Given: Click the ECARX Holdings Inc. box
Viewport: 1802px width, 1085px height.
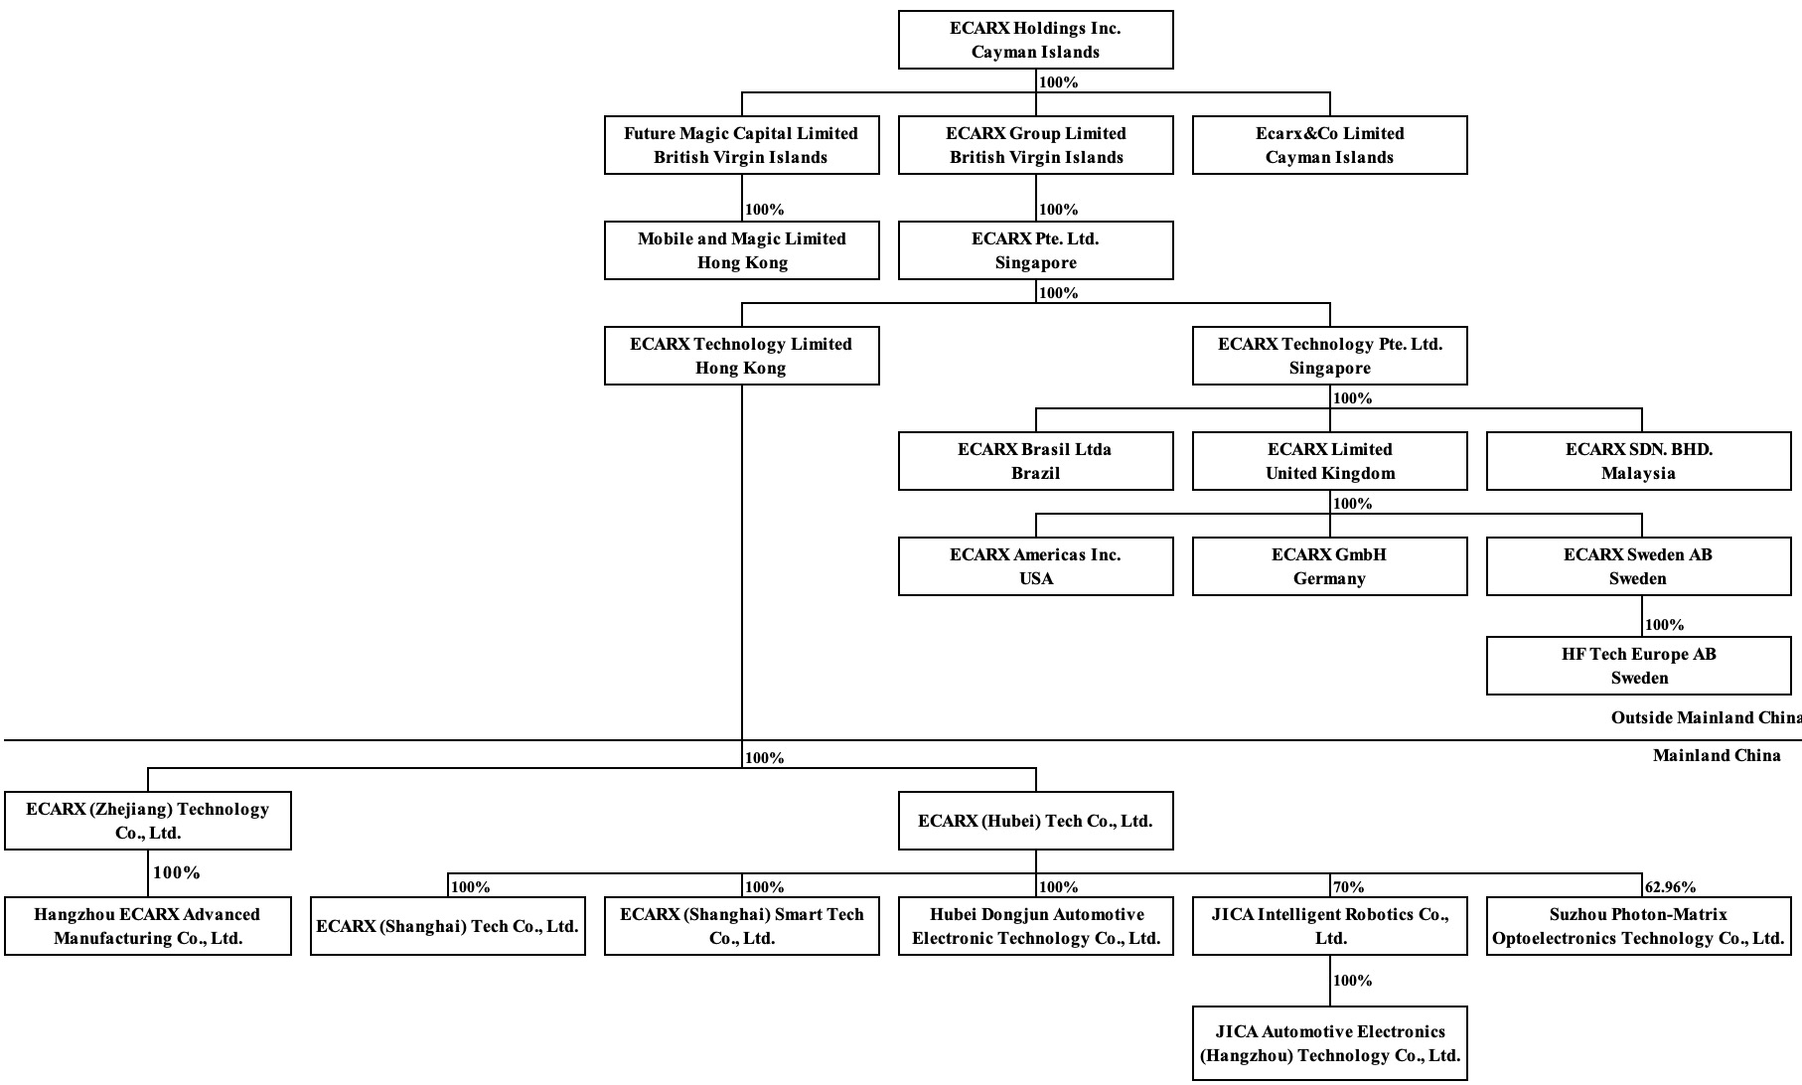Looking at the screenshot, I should (x=1035, y=40).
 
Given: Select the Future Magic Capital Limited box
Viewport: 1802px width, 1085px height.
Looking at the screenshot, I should (x=741, y=145).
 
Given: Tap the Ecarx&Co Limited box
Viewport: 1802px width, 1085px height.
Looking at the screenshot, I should (x=1329, y=145).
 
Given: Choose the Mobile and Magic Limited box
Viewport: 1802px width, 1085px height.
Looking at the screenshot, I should (x=741, y=250).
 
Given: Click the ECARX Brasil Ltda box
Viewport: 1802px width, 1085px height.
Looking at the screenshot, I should (x=1035, y=461).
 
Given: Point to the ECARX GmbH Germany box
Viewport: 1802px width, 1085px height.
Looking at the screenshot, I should (x=1329, y=566).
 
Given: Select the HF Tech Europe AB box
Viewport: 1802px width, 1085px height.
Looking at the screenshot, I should (x=1638, y=666).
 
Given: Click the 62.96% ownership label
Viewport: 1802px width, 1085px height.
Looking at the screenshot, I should (x=1671, y=887).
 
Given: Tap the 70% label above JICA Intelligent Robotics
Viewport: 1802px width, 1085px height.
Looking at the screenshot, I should (x=1349, y=887).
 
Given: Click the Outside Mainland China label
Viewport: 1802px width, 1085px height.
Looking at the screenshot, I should (x=1705, y=717).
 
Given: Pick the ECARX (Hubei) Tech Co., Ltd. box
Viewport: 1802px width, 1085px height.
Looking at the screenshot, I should (x=1035, y=821).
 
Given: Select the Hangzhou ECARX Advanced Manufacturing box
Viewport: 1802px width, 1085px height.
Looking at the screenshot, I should (x=147, y=926).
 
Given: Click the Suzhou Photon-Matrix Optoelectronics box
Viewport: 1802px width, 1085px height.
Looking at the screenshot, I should (x=1638, y=926).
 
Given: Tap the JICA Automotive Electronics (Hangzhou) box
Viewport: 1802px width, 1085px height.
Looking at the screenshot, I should (x=1329, y=1043).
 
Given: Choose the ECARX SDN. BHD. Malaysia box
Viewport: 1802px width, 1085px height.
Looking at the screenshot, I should (x=1638, y=461).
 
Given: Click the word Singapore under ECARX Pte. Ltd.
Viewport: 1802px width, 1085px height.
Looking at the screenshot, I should (x=1035, y=263).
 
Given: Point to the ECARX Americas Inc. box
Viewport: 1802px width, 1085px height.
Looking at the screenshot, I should (x=1035, y=566).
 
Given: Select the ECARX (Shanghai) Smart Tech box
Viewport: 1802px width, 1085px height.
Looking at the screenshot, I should (x=741, y=926).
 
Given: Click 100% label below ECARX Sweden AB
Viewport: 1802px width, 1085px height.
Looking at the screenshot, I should (x=1665, y=625).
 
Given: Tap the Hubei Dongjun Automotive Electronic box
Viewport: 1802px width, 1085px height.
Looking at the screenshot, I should (x=1035, y=926).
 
